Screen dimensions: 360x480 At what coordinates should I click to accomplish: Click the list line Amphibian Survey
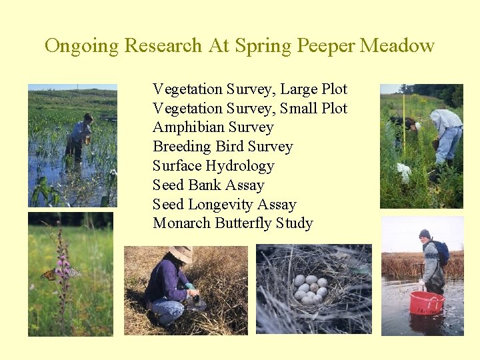coord(213,127)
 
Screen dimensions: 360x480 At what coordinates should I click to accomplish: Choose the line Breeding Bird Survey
coord(223,147)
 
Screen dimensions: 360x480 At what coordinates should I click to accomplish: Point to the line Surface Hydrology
coord(213,166)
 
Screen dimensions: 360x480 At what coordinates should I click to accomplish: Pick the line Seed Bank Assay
coord(209,185)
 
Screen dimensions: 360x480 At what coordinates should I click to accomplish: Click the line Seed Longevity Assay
coord(224,205)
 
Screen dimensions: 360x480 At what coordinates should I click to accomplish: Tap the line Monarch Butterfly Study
coord(233,223)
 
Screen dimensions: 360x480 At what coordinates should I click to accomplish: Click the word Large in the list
coord(299,89)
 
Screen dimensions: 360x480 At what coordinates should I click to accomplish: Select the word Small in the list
coord(299,109)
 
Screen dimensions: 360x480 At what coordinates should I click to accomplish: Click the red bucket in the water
coord(426,303)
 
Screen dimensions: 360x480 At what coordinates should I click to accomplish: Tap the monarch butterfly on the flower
coord(51,273)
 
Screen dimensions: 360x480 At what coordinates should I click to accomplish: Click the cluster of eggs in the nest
coord(311,288)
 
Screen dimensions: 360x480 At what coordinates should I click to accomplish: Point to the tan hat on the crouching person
coord(180,253)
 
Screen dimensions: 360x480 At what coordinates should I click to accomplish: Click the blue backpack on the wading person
coord(441,252)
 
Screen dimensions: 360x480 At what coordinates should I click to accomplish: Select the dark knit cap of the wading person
coord(424,233)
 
